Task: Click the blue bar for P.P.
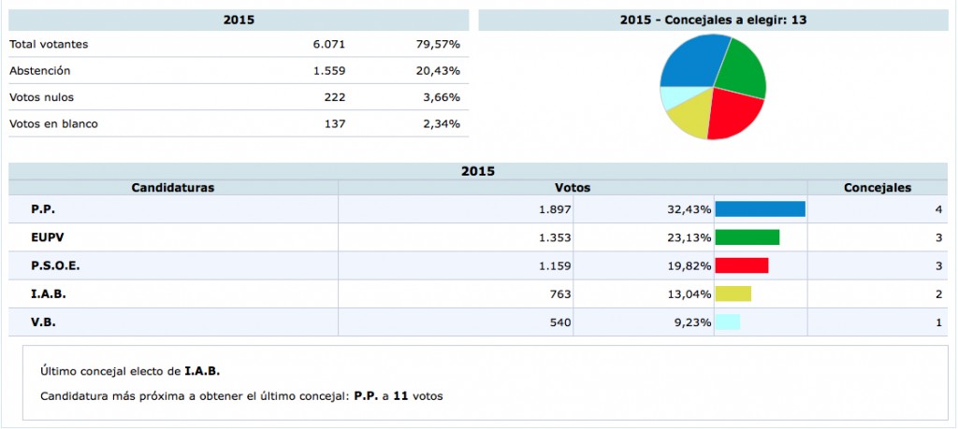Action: click(x=760, y=209)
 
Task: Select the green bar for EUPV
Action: click(x=747, y=237)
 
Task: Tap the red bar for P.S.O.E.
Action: click(x=741, y=265)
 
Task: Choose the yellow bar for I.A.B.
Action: click(x=733, y=293)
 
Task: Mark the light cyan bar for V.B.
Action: click(x=727, y=322)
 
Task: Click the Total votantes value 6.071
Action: click(x=330, y=44)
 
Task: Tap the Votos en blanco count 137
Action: click(x=335, y=123)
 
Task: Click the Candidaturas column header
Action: click(x=173, y=188)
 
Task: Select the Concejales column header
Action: click(x=877, y=188)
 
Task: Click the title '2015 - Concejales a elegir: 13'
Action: click(x=713, y=20)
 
